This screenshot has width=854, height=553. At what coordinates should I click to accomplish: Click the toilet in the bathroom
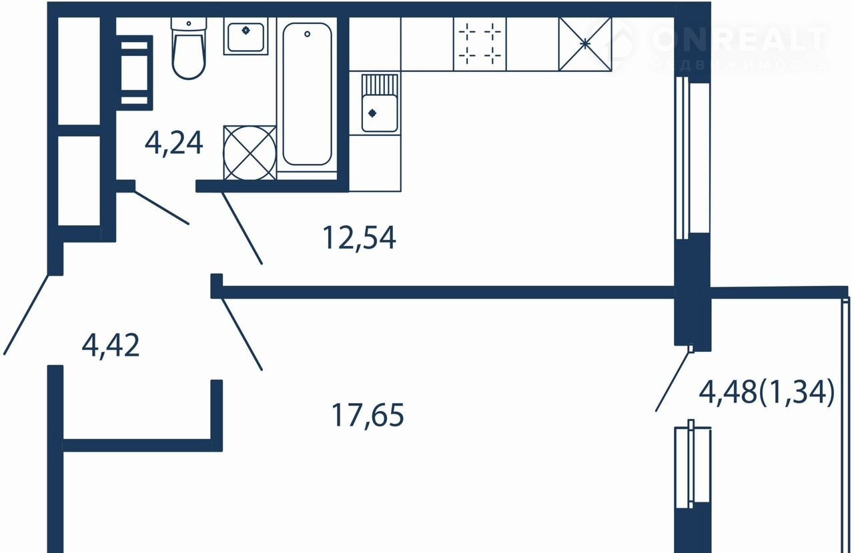pyautogui.click(x=189, y=48)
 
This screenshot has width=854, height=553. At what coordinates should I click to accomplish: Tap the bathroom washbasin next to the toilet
pyautogui.click(x=246, y=36)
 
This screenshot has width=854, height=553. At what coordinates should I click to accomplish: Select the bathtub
pyautogui.click(x=307, y=94)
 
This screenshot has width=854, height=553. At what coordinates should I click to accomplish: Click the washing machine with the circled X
pyautogui.click(x=250, y=153)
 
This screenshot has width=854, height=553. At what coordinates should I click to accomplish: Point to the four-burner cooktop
pyautogui.click(x=480, y=44)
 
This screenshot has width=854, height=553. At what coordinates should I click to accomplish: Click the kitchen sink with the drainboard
pyautogui.click(x=380, y=103)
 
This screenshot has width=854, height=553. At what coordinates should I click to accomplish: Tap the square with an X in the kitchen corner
pyautogui.click(x=585, y=44)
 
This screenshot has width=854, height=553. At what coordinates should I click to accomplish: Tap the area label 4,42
pyautogui.click(x=111, y=345)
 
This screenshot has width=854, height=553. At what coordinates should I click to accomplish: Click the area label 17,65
pyautogui.click(x=368, y=415)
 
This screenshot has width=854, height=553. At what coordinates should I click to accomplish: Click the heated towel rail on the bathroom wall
pyautogui.click(x=135, y=73)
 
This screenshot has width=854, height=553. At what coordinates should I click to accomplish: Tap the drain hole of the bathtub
pyautogui.click(x=308, y=34)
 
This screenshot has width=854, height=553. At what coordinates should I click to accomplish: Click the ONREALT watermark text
pyautogui.click(x=740, y=39)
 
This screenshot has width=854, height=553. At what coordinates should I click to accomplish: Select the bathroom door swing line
pyautogui.click(x=161, y=207)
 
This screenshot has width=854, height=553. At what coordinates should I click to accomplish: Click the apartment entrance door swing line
pyautogui.click(x=26, y=314)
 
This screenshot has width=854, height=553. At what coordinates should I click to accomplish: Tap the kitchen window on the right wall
pyautogui.click(x=693, y=159)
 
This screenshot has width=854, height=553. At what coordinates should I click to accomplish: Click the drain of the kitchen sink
pyautogui.click(x=372, y=113)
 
